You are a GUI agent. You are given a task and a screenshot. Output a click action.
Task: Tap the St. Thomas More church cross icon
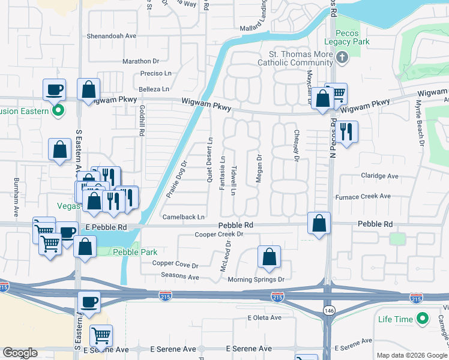coord(342,58)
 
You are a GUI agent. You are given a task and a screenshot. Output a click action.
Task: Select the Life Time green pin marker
coord(424,319)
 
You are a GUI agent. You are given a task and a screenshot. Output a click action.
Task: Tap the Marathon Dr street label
coord(140,61)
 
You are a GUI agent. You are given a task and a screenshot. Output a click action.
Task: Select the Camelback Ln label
coord(183,217)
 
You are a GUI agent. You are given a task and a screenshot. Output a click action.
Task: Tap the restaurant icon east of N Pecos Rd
coord(346,131)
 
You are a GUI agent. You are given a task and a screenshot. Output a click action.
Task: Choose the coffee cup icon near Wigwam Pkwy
coord(53,89)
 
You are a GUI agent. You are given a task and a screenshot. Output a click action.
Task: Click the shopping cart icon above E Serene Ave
coord(101,335)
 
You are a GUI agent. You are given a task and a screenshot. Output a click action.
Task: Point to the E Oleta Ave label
coord(264,318)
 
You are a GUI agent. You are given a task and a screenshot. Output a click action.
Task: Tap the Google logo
coord(20,353)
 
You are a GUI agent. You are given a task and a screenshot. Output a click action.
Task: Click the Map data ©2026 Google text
coord(411,355)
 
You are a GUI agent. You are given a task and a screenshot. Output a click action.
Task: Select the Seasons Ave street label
coord(179,277)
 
